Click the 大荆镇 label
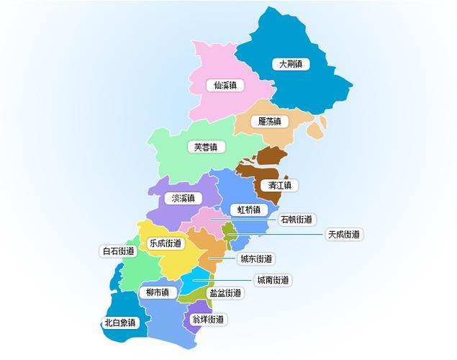coord(291,63)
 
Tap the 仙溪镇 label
coord(225,85)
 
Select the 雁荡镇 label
coord(269,121)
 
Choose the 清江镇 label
coord(280,185)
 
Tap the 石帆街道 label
coord(297,220)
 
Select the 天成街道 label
coord(343,234)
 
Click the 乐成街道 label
coord(165,243)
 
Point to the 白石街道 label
coord(119,251)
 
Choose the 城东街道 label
coord(255,258)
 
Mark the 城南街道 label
coord(273,279)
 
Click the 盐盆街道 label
coord(225,293)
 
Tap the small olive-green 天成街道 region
coord(230,233)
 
